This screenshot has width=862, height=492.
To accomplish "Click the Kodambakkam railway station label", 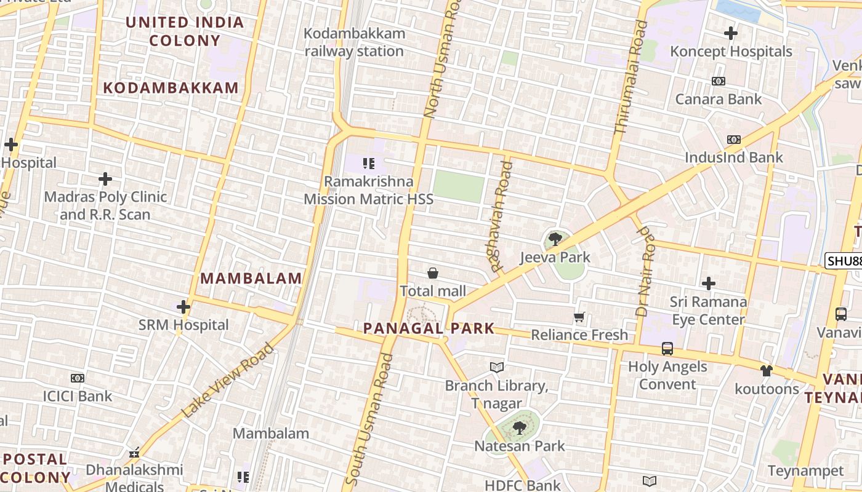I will pyautogui.click(x=355, y=42).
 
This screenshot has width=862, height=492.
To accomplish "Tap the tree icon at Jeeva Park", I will pyautogui.click(x=555, y=239).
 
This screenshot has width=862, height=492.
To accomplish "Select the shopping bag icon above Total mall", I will pyautogui.click(x=433, y=273).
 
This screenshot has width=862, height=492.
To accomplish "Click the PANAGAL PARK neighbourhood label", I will pyautogui.click(x=429, y=328).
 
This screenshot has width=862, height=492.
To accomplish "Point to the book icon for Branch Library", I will pyautogui.click(x=497, y=367).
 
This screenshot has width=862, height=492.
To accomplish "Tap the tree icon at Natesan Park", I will pyautogui.click(x=519, y=427).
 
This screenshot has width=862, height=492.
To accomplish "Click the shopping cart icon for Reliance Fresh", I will pyautogui.click(x=579, y=317).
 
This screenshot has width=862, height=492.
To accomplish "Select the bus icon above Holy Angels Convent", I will pyautogui.click(x=667, y=349).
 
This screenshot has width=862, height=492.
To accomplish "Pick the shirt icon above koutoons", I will pyautogui.click(x=766, y=370).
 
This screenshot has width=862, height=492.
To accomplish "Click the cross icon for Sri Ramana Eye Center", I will pyautogui.click(x=709, y=284).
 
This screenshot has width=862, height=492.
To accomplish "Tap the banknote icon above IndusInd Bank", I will pyautogui.click(x=733, y=140).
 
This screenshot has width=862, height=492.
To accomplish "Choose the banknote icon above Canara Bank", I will pyautogui.click(x=718, y=81).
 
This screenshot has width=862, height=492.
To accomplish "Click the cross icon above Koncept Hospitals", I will pyautogui.click(x=731, y=33).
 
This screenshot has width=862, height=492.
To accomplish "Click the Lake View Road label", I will pyautogui.click(x=228, y=381).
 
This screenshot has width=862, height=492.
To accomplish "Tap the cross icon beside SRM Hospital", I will pyautogui.click(x=183, y=307).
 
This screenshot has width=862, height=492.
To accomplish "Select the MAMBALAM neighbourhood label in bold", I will pyautogui.click(x=251, y=279).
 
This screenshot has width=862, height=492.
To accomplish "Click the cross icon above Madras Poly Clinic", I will pyautogui.click(x=105, y=179).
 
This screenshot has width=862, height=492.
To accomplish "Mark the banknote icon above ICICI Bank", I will pyautogui.click(x=77, y=378).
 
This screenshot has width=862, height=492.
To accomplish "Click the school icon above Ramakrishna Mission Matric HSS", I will pyautogui.click(x=368, y=164).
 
